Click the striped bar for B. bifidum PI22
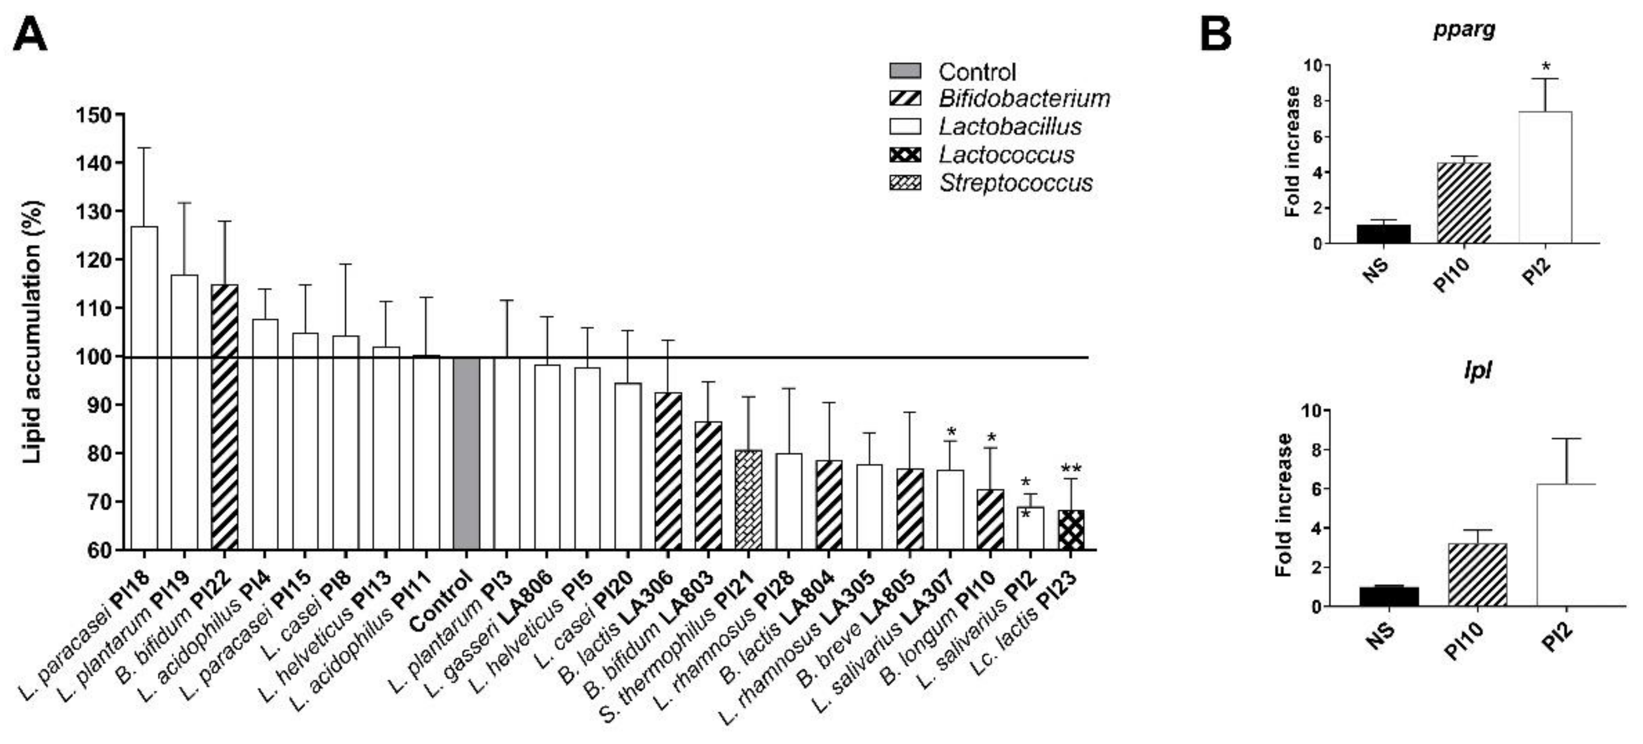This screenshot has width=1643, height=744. pyautogui.click(x=225, y=417)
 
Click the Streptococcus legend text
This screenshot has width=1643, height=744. pyautogui.click(x=1015, y=183)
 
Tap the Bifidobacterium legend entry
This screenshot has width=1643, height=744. pyautogui.click(x=1024, y=99)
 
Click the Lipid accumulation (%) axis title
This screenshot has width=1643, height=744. pyautogui.click(x=32, y=331)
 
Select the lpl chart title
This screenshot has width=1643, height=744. pyautogui.click(x=1477, y=370)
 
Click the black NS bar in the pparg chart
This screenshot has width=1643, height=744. pyautogui.click(x=1383, y=234)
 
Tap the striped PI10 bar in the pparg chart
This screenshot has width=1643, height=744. pyautogui.click(x=1464, y=203)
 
